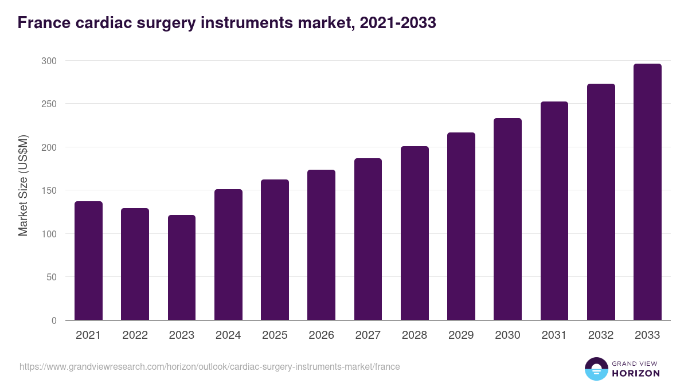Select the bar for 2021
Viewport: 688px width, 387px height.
(88, 261)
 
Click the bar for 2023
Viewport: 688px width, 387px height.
(182, 268)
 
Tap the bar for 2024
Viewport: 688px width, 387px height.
(228, 255)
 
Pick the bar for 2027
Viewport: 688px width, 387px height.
(368, 239)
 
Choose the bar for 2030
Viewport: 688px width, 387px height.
(507, 219)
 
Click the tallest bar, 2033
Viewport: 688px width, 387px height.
(647, 192)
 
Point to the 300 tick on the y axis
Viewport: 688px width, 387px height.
(49, 61)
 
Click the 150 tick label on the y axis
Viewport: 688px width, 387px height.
(49, 190)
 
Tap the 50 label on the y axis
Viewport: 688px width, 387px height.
(52, 277)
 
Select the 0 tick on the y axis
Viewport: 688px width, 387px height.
(54, 320)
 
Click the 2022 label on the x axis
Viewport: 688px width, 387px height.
(135, 335)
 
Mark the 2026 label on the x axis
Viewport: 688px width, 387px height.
(321, 335)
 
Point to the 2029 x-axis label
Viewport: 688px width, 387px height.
(461, 335)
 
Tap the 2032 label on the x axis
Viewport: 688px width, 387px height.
(601, 335)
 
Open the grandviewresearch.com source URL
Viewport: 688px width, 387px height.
(209, 366)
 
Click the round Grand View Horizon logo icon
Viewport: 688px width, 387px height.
(596, 369)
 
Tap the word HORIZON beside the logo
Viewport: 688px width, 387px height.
(635, 373)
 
